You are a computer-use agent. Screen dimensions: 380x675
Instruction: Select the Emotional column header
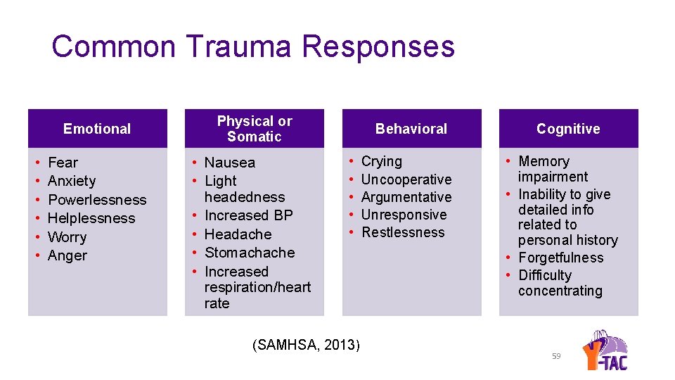click(97, 129)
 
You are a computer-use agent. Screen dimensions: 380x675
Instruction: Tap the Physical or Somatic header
click(255, 129)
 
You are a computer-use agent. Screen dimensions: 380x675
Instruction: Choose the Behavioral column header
click(411, 129)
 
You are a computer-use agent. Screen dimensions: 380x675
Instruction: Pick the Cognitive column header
click(568, 129)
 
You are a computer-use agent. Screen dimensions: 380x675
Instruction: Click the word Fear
click(63, 163)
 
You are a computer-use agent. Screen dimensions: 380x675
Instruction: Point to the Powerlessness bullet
click(97, 200)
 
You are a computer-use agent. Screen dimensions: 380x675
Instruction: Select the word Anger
click(67, 255)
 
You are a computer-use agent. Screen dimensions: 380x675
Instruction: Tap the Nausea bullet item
click(230, 163)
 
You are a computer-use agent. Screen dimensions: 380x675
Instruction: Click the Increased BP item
click(248, 215)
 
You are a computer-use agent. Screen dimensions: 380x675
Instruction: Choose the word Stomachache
click(250, 253)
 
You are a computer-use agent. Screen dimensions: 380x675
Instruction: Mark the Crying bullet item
click(382, 161)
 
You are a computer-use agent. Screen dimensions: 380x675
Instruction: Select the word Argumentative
click(406, 197)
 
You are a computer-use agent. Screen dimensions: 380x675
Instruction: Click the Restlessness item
click(403, 232)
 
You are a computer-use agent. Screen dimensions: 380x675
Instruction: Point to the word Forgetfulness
click(561, 258)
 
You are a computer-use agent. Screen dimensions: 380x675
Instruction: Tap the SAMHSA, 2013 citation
click(306, 345)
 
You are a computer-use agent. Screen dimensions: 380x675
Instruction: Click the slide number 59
click(556, 357)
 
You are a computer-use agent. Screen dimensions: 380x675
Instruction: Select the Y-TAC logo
click(606, 349)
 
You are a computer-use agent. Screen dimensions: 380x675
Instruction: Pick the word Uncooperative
click(406, 179)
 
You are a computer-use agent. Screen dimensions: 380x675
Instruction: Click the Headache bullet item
click(238, 234)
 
